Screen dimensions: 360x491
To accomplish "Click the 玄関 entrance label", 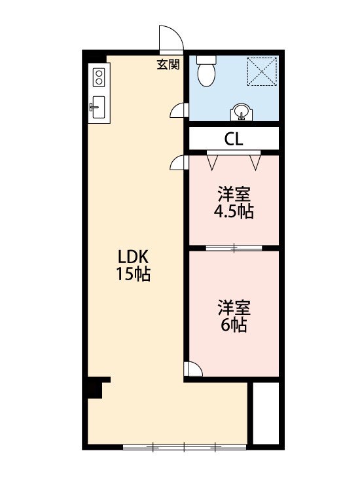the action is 168,65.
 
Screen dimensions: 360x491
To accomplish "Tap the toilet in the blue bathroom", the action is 207,71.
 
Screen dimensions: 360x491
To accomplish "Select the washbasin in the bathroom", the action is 242,112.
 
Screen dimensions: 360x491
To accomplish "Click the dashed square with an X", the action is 262,71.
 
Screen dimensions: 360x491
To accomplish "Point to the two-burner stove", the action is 99,77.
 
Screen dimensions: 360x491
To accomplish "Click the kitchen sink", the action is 98,107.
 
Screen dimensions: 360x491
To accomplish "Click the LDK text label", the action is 132,257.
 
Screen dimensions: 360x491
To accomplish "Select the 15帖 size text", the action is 133,274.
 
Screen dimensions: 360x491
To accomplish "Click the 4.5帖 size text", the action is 234,211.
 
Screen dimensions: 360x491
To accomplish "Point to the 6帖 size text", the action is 234,325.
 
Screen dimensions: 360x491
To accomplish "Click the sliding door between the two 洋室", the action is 234,248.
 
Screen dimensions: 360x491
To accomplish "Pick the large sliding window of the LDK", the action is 185,447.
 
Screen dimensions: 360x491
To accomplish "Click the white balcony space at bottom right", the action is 266,412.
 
